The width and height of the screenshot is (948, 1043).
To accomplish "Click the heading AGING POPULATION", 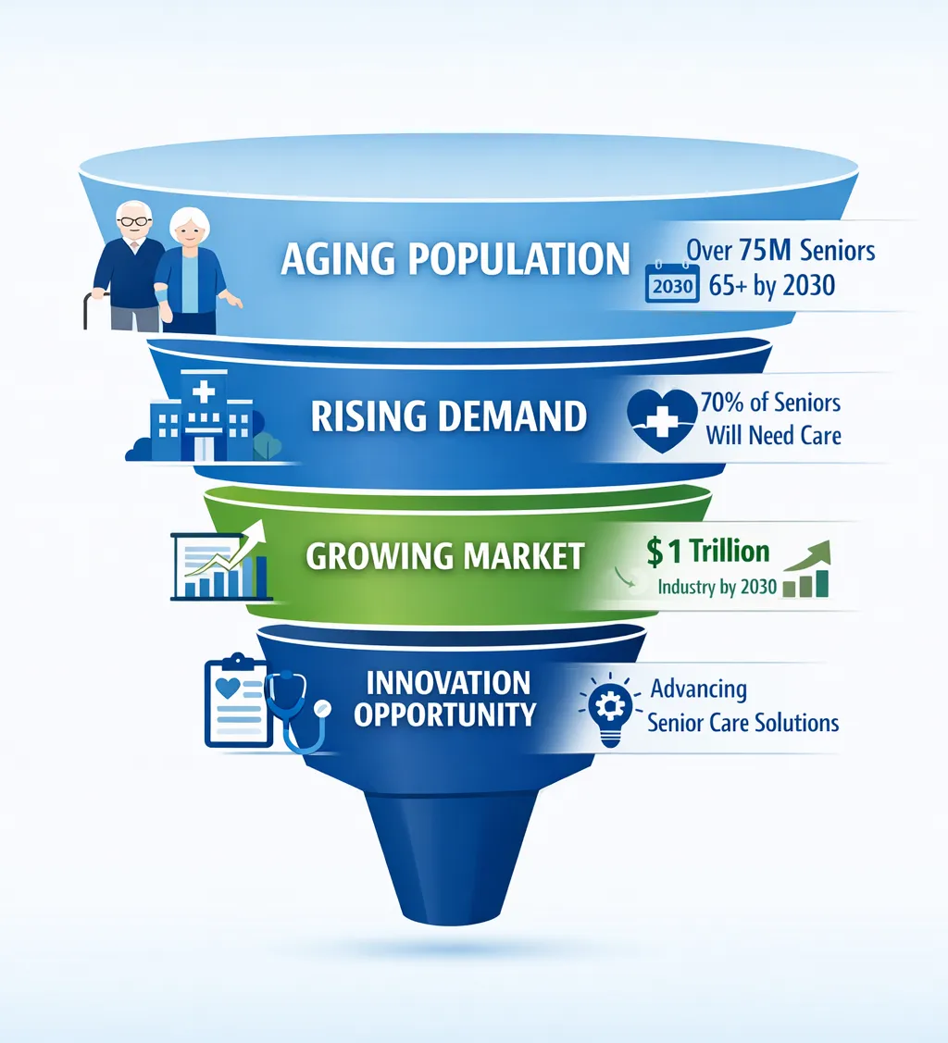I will pyautogui.click(x=455, y=260).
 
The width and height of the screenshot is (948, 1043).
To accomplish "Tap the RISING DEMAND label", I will pyautogui.click(x=449, y=417).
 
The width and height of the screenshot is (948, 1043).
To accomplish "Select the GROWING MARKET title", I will pyautogui.click(x=445, y=556).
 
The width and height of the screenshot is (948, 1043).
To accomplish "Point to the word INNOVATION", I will pyautogui.click(x=448, y=683).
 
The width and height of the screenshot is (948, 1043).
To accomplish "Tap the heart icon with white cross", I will pyautogui.click(x=661, y=420).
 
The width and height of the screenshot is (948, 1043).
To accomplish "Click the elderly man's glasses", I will pyautogui.click(x=134, y=221).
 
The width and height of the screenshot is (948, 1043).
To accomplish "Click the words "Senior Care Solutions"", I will pyautogui.click(x=743, y=722).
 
